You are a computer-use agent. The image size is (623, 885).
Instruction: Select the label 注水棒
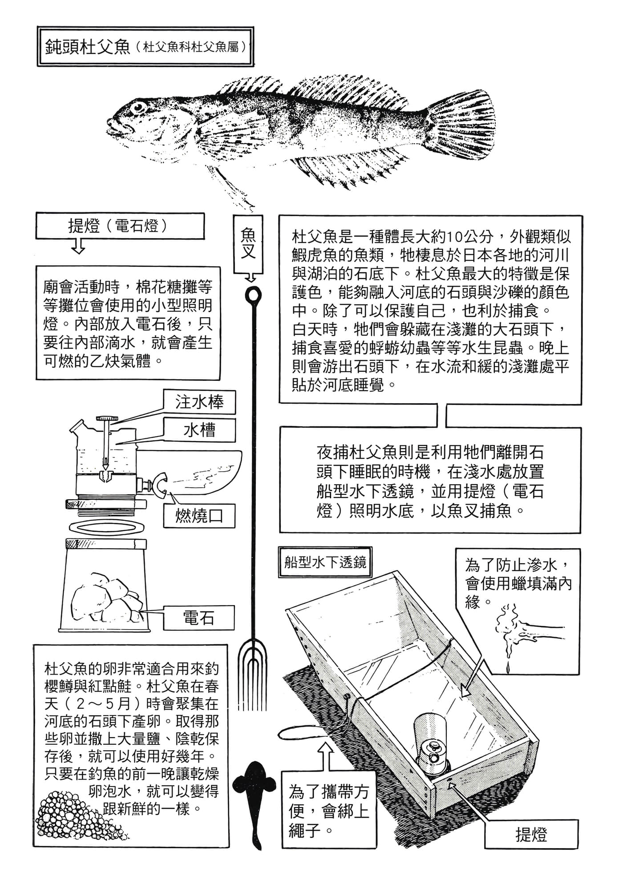tap(199, 402)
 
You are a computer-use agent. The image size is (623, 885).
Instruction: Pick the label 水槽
tap(199, 430)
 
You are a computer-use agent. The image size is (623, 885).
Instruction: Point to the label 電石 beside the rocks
tap(198, 617)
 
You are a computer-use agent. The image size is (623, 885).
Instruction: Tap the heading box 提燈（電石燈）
tap(120, 226)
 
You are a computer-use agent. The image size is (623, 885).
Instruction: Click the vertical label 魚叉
tap(248, 244)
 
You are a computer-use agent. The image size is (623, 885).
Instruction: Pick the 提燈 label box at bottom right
tap(531, 835)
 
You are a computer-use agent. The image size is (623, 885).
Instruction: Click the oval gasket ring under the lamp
tap(107, 526)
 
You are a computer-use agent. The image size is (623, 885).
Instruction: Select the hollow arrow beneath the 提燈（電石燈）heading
tap(78, 246)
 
